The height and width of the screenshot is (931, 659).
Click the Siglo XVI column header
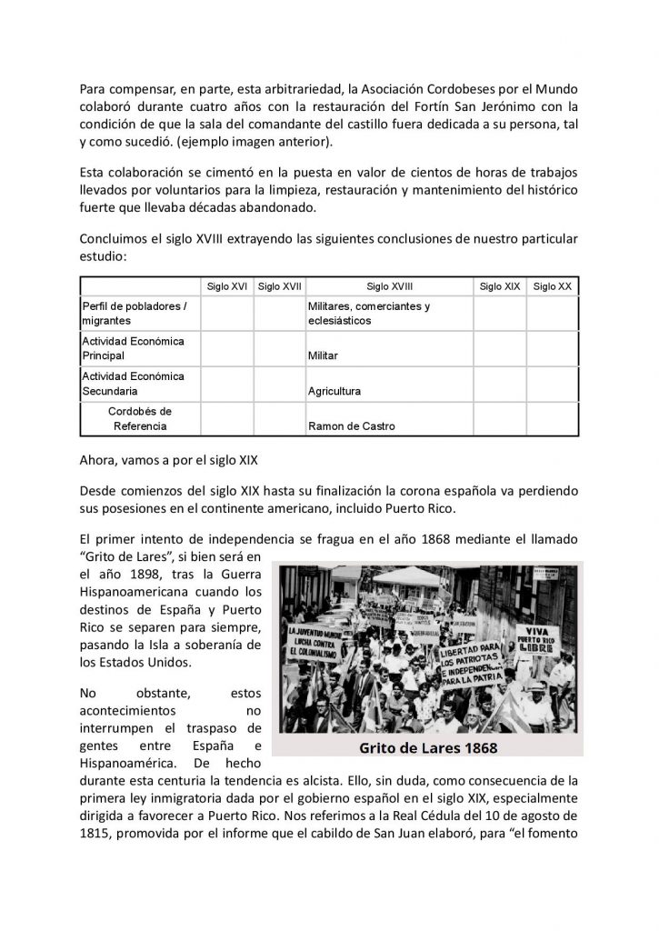(x=227, y=285)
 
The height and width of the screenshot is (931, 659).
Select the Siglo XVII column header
(x=279, y=285)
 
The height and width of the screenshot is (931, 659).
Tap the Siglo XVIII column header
(x=389, y=285)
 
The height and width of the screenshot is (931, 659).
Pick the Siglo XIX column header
(x=499, y=285)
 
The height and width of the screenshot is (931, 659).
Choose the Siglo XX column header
(x=552, y=285)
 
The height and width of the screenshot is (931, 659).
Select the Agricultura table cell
(x=334, y=391)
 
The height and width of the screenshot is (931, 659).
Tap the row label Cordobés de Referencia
(x=139, y=418)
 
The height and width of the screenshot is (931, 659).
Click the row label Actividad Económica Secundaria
(x=133, y=383)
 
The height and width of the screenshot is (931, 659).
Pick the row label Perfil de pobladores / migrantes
(x=134, y=314)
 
